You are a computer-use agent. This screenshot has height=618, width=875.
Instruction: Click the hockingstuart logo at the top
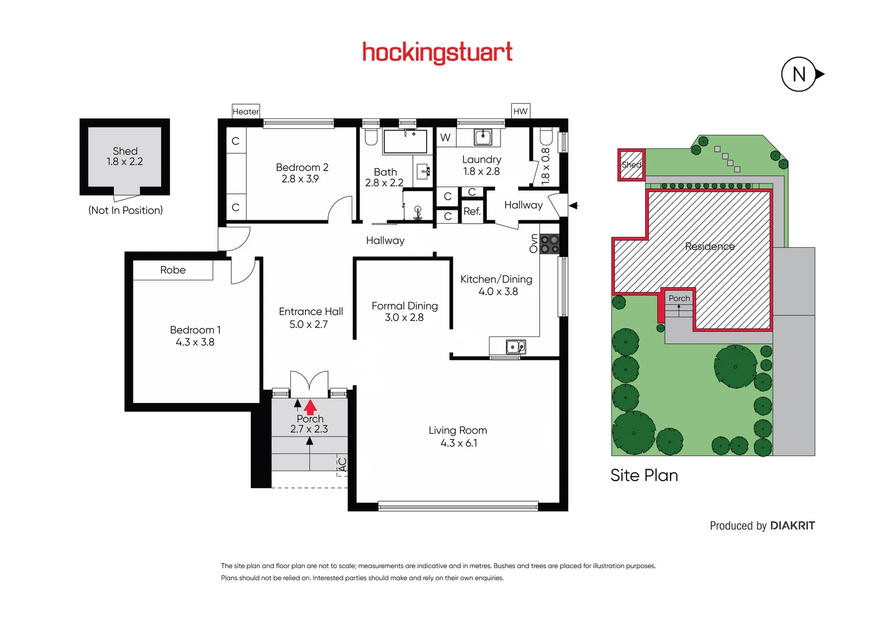tap(437, 52)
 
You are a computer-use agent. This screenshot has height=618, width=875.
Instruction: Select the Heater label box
tap(246, 111)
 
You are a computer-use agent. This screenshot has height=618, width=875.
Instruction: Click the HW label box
tap(520, 111)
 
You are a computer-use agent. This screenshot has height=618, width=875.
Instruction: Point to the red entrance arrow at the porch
tap(310, 407)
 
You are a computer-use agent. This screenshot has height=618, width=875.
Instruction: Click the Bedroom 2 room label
tap(302, 167)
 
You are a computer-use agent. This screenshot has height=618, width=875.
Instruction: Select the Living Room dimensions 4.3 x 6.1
tap(458, 443)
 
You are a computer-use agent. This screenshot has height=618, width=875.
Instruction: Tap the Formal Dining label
tap(404, 306)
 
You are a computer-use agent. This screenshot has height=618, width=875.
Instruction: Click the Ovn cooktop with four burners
tap(550, 244)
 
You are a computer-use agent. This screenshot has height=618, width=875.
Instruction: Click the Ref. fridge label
tap(472, 211)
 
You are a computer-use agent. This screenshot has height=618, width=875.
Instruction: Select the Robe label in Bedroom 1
tap(172, 270)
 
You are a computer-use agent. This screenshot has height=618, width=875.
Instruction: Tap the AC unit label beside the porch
tap(342, 465)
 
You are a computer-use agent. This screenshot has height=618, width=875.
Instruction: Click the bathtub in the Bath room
tap(405, 142)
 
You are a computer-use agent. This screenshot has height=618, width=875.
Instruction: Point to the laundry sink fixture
tap(482, 137)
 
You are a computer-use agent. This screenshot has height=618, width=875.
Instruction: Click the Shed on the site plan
tap(631, 165)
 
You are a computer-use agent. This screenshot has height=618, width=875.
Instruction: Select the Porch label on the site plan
tap(679, 298)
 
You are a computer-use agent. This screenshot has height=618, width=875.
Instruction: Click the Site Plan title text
tap(644, 476)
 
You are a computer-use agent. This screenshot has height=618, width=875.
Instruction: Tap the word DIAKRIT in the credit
tap(792, 525)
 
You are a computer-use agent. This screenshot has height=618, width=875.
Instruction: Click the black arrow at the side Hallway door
tap(574, 205)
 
